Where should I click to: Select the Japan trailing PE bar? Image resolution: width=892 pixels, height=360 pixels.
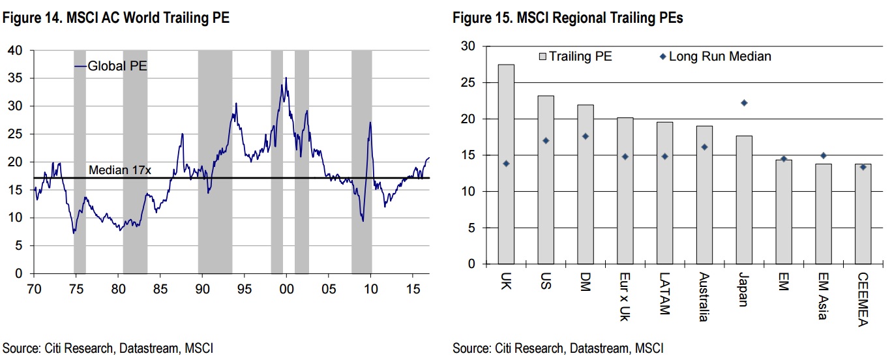click(x=744, y=200)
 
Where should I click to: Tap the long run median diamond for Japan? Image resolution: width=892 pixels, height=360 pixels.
click(x=744, y=102)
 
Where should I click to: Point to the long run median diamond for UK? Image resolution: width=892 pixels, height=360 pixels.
click(x=506, y=163)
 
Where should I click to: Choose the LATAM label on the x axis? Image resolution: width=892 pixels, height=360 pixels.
click(x=664, y=293)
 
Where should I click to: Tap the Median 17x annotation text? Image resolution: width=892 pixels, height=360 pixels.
click(x=119, y=171)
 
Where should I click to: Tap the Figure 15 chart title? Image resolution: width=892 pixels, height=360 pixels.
click(x=568, y=19)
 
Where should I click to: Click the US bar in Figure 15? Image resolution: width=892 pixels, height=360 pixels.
click(x=546, y=180)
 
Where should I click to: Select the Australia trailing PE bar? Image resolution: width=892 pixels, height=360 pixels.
click(x=704, y=195)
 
